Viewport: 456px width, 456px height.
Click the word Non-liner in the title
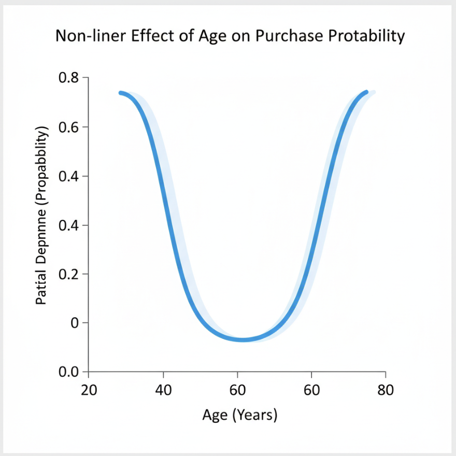coord(83,37)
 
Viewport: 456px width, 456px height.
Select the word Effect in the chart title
coord(139,37)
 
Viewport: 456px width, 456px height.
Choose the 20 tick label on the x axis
coord(89,390)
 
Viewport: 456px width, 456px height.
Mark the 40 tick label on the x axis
coord(163,390)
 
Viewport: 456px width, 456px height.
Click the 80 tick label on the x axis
coord(385,390)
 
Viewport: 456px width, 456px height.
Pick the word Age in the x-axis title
coord(213,415)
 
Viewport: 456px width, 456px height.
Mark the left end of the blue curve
coord(120,93)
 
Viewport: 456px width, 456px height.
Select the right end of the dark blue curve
coord(366,92)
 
